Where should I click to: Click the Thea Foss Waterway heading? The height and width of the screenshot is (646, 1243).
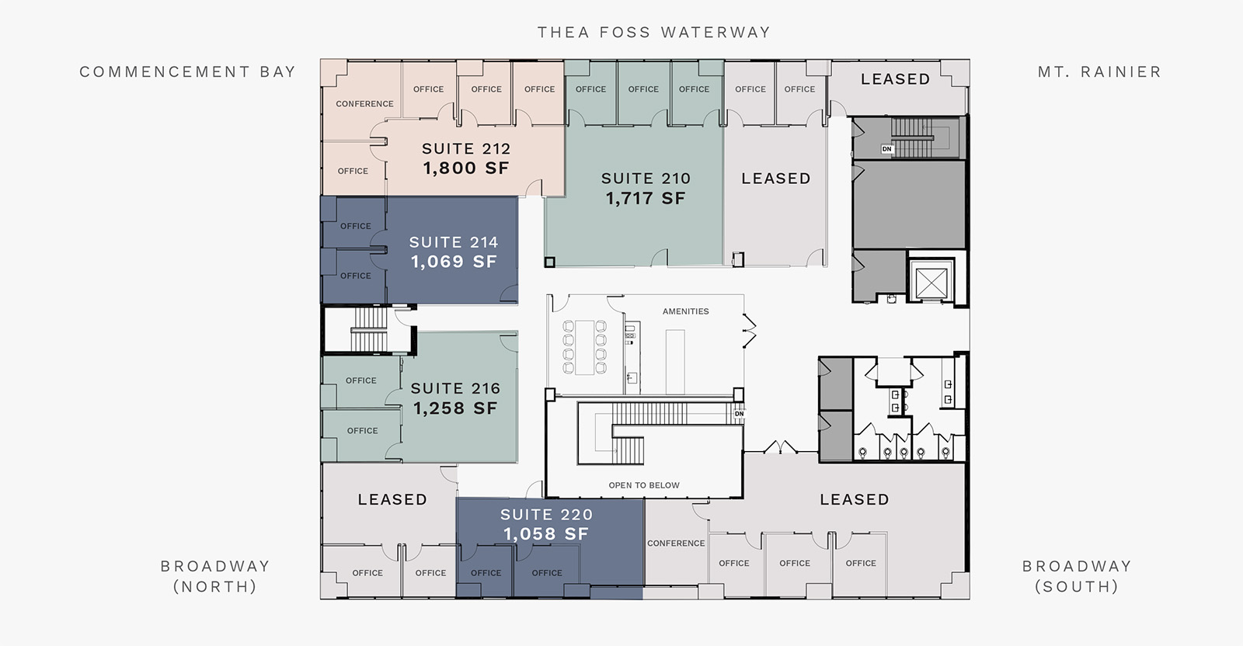click(x=654, y=32)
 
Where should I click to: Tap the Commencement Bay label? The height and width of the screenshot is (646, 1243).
click(x=187, y=71)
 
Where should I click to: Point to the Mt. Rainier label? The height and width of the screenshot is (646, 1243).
click(x=1100, y=71)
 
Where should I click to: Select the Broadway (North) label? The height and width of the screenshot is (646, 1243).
click(x=215, y=576)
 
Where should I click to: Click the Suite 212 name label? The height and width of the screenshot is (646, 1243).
click(x=466, y=148)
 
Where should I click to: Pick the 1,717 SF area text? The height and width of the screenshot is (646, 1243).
click(x=646, y=198)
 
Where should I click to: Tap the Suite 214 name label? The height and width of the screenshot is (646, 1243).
click(x=454, y=242)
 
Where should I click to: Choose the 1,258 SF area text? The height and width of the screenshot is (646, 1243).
click(x=455, y=408)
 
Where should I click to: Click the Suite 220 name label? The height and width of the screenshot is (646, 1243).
click(x=547, y=515)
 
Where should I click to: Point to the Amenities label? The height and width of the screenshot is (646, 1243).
click(x=686, y=311)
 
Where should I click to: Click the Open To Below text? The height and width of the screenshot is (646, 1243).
click(x=644, y=485)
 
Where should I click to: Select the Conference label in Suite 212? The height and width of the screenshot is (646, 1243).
click(x=364, y=104)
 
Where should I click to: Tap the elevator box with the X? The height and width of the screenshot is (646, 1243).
click(x=931, y=283)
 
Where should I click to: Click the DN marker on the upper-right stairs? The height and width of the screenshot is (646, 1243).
click(x=886, y=148)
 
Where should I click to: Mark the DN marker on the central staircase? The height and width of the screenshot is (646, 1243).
click(x=739, y=414)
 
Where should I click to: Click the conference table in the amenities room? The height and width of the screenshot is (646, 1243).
click(x=585, y=348)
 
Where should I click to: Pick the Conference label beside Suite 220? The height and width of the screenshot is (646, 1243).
click(x=676, y=544)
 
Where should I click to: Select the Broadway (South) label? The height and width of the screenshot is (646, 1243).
click(x=1077, y=576)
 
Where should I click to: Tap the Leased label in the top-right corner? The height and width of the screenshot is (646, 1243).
click(x=896, y=79)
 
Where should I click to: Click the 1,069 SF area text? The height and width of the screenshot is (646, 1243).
click(x=454, y=261)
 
